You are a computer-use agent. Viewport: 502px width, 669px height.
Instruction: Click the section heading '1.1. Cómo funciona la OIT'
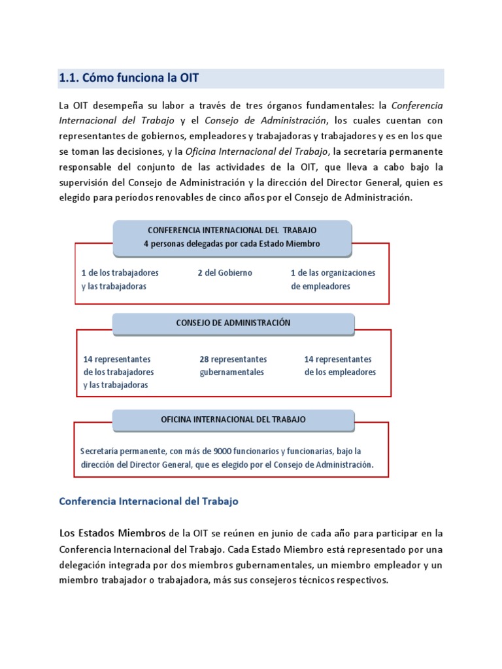[x=129, y=78]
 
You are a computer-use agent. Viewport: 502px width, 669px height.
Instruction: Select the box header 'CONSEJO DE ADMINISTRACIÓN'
[x=233, y=323]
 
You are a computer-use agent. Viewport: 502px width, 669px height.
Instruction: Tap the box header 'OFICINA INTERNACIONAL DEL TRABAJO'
[x=233, y=419]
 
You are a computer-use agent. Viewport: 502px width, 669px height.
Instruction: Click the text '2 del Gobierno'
[x=225, y=272]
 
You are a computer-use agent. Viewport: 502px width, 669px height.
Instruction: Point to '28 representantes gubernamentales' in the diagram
[x=233, y=366]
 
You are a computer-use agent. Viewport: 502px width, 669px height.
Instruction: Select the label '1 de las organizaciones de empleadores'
[x=333, y=279]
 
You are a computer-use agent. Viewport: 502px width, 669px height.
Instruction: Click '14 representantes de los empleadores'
[x=340, y=366]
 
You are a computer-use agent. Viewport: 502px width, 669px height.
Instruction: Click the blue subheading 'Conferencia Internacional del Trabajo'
[x=148, y=501]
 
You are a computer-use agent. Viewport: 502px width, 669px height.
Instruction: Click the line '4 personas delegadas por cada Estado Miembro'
[x=232, y=244]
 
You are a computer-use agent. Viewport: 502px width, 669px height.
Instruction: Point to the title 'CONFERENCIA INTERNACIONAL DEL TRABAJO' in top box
[x=232, y=231]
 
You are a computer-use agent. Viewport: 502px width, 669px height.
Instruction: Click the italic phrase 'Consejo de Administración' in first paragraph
[x=265, y=120]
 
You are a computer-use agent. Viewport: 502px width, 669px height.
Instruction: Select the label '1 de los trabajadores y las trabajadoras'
[x=120, y=279]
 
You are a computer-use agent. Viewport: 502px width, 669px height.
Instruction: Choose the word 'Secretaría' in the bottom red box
[x=100, y=451]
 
